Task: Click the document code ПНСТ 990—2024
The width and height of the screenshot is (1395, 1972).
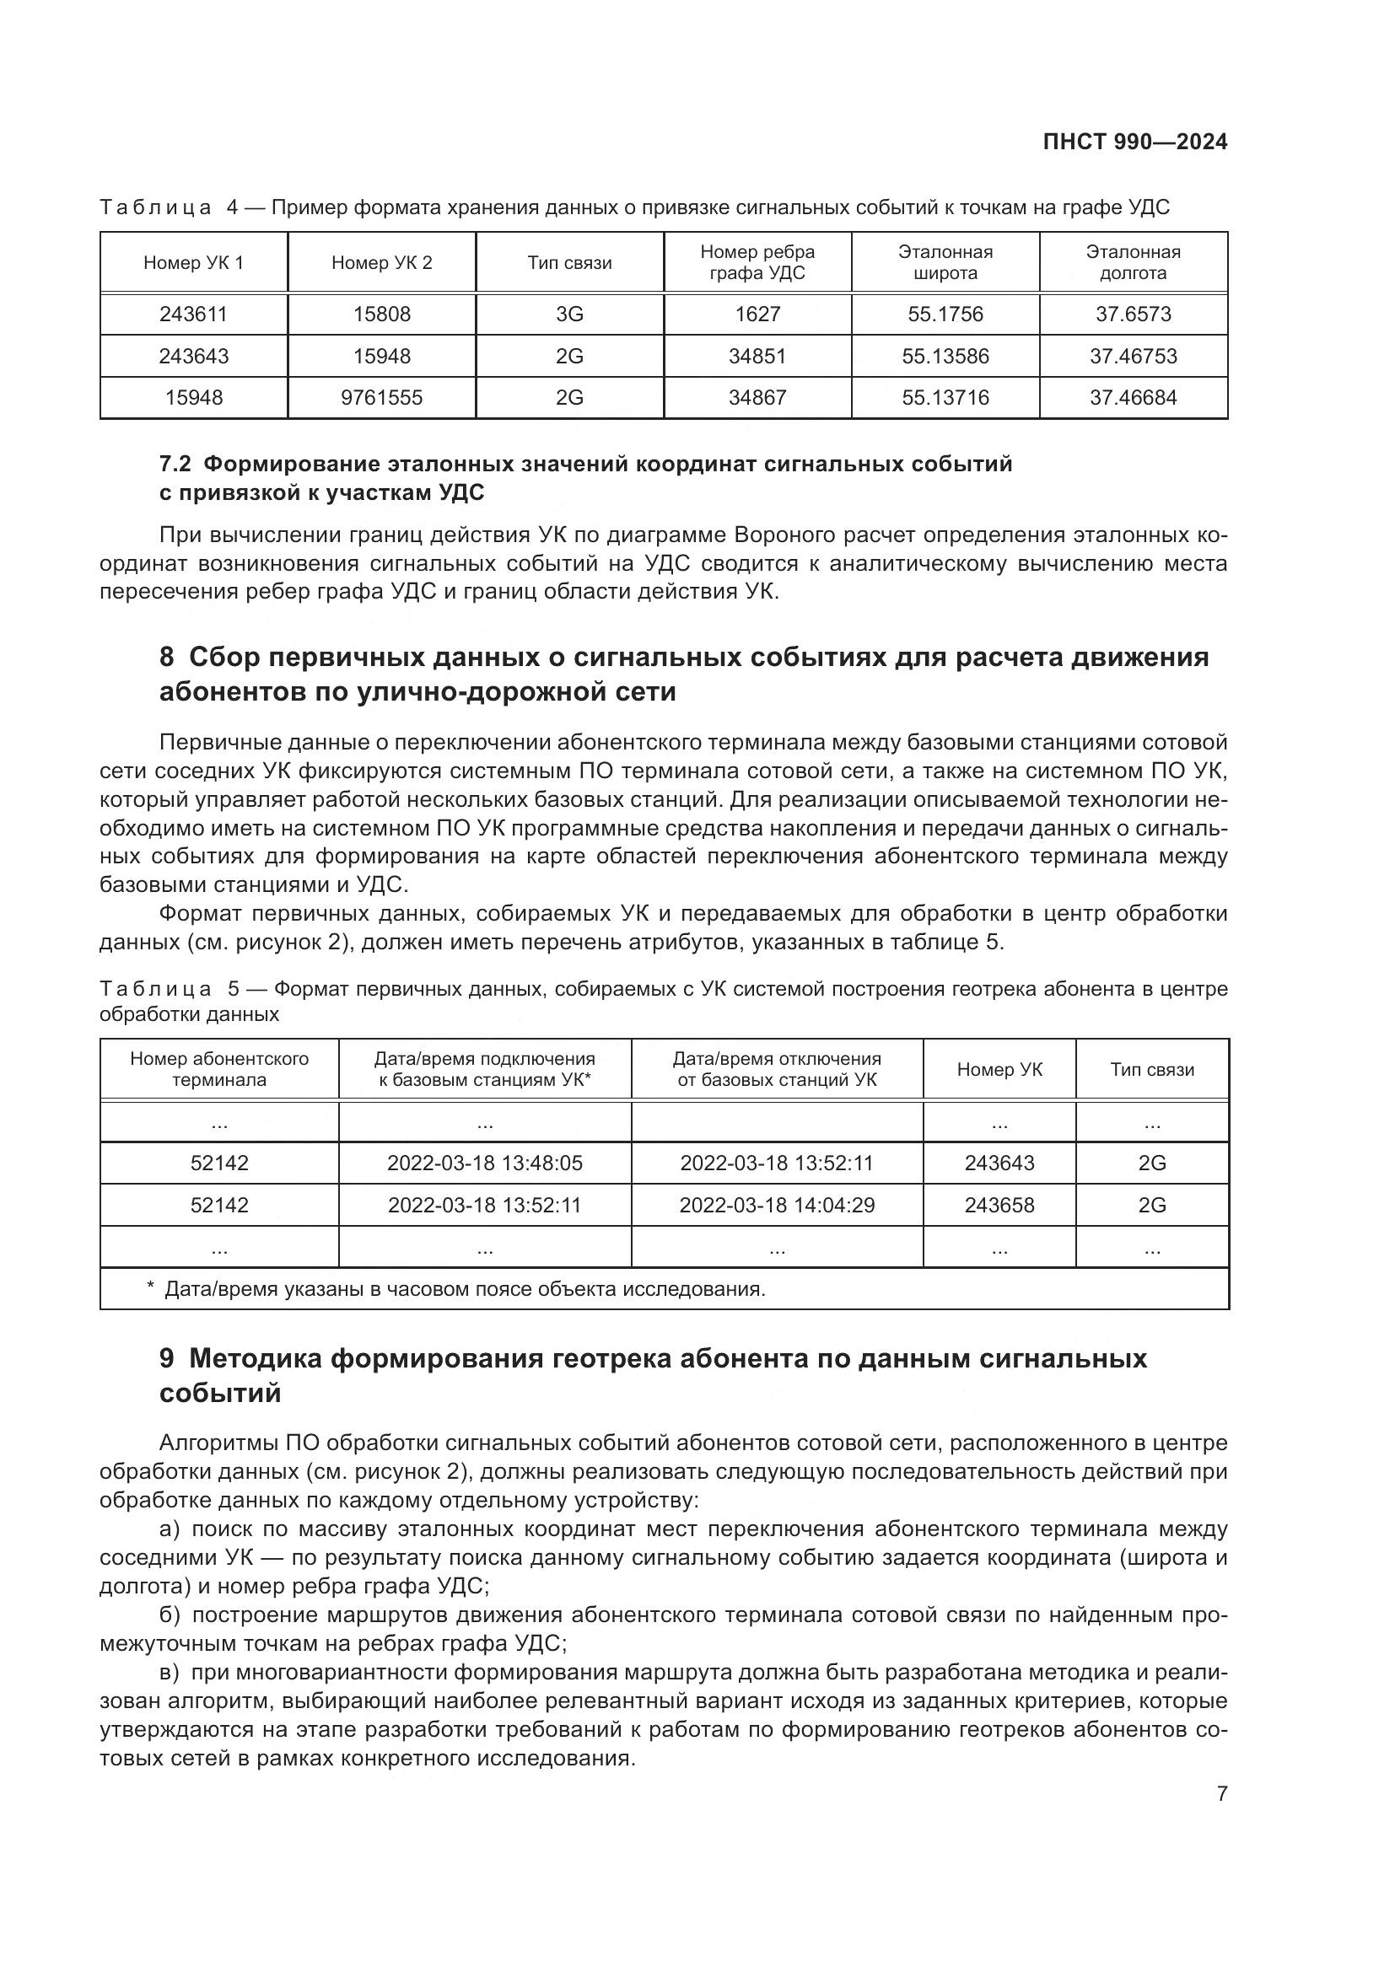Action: tap(1134, 142)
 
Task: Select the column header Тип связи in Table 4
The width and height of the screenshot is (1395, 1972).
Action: tap(569, 263)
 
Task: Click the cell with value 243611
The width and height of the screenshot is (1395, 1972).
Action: tap(193, 314)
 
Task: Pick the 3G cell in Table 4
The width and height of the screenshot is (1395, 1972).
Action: tap(569, 314)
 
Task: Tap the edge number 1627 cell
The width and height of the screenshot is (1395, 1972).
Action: tap(757, 314)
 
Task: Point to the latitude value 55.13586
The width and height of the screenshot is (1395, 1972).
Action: tap(945, 357)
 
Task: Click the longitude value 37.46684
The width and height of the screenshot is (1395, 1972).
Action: tap(1133, 398)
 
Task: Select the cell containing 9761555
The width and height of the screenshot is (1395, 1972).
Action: tap(381, 398)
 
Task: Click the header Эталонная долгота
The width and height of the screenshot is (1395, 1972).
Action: tap(1133, 263)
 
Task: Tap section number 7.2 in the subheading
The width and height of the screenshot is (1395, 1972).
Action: tap(176, 465)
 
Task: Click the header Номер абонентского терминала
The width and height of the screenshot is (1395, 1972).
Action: tap(219, 1069)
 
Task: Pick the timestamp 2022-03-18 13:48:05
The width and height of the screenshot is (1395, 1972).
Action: tap(484, 1163)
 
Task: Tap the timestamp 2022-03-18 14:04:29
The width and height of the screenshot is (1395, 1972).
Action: tap(777, 1206)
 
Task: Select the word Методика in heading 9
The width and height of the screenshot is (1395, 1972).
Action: tap(256, 1359)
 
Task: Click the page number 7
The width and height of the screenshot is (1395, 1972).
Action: tap(1221, 1793)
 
